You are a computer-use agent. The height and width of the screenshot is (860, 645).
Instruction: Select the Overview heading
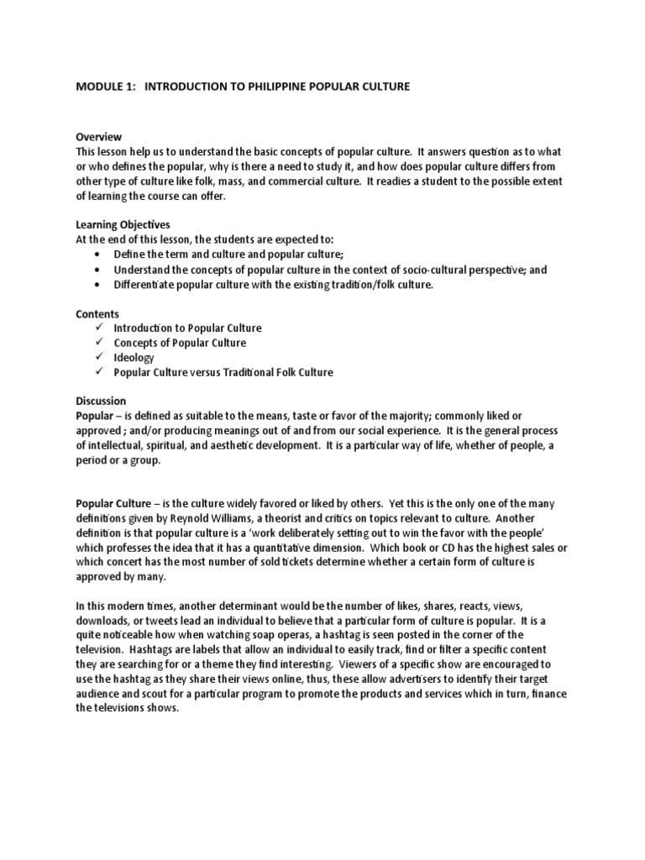point(98,137)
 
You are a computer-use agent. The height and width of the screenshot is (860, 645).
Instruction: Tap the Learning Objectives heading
point(123,225)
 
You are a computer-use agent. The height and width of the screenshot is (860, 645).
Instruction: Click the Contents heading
point(97,312)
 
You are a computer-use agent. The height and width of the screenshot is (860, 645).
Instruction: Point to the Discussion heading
point(102,401)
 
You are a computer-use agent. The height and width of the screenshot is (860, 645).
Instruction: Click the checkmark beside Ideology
point(99,357)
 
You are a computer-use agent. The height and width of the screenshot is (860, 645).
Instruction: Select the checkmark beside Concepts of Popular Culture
point(99,343)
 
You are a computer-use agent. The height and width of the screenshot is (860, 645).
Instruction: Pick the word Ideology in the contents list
point(134,357)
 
